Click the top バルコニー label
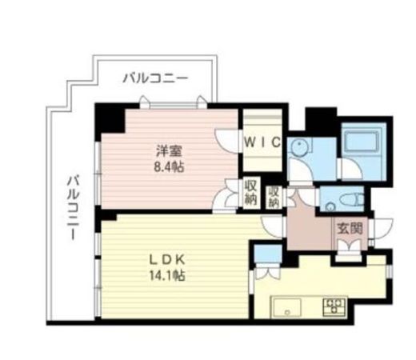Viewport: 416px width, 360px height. [155, 78]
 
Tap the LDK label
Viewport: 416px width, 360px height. [168, 261]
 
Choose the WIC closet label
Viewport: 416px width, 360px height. [262, 142]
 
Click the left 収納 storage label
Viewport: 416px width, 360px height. [251, 192]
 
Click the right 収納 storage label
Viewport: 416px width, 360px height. [274, 197]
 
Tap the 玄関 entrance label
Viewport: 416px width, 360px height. [350, 229]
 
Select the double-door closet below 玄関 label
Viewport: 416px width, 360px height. [349, 250]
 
